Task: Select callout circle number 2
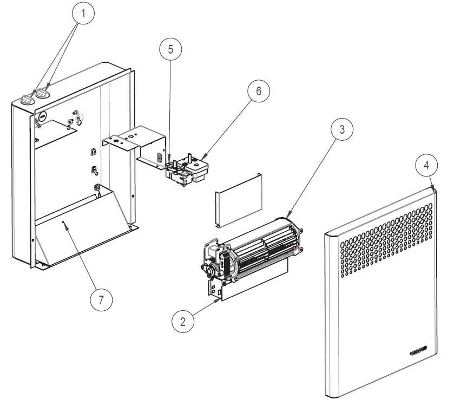[x=183, y=321]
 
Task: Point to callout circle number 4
[x=426, y=165]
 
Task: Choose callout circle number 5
[x=170, y=49]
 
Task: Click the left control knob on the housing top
[x=27, y=99]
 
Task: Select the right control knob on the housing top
[x=42, y=94]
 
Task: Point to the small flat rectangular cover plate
[x=239, y=200]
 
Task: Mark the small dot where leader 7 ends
[x=64, y=222]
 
